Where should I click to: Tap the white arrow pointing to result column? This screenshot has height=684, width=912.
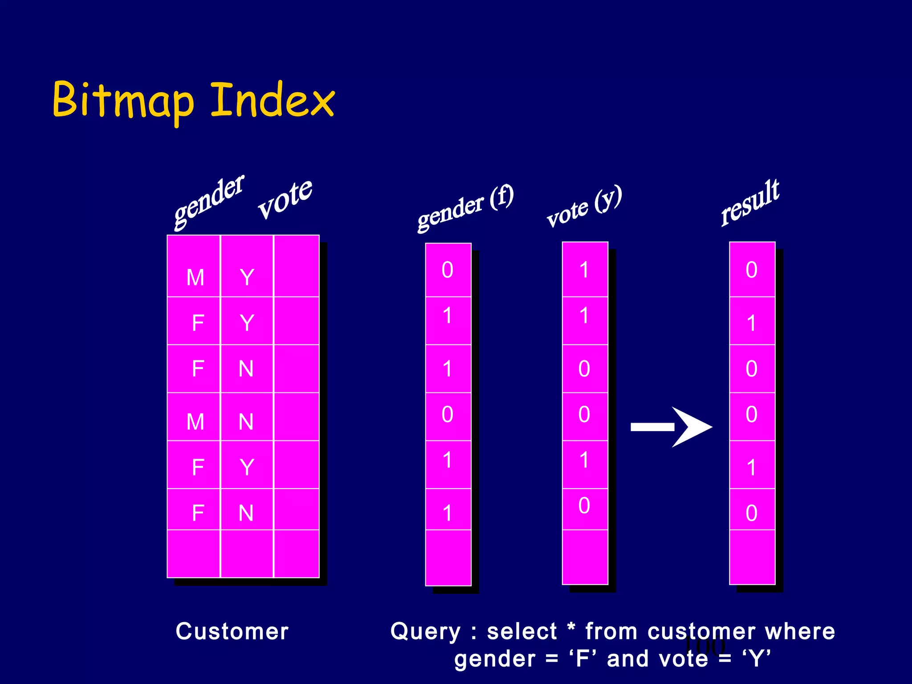671,427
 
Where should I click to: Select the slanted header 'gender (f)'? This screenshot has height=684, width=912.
465,208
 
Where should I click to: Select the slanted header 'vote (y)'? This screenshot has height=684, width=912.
584,207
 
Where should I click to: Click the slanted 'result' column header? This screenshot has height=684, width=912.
750,203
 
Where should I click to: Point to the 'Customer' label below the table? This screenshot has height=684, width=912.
232,631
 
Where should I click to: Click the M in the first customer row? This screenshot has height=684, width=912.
195,277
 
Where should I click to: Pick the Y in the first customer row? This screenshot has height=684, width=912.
247,277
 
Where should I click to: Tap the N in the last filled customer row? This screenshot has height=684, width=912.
246,513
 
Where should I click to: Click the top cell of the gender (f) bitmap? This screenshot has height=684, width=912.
448,270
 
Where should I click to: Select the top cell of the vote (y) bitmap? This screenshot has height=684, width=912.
584,270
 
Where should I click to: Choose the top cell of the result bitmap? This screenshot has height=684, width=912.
752,270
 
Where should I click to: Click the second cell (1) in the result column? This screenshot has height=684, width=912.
752,323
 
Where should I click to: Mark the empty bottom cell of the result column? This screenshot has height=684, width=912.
752,557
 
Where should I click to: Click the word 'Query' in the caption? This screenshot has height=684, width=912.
425,631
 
